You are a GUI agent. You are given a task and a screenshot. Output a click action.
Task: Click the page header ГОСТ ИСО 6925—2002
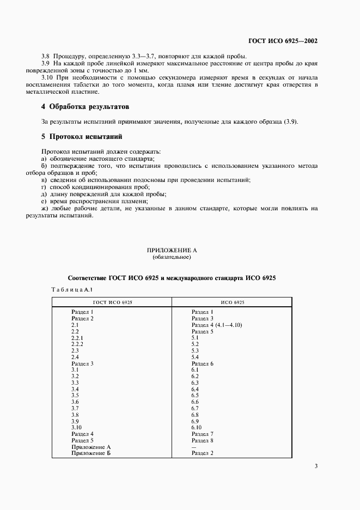click(x=283, y=41)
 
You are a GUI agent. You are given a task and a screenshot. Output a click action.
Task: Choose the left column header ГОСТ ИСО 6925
click(x=111, y=302)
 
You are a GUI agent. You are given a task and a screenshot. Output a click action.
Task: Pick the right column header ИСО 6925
click(x=233, y=302)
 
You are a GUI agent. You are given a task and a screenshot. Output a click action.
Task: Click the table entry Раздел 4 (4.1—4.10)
click(x=216, y=325)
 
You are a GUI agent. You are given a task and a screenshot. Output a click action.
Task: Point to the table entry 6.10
click(x=197, y=427)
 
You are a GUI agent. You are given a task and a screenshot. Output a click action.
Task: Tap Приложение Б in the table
click(x=91, y=454)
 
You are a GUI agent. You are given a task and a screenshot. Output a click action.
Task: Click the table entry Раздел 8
click(x=202, y=440)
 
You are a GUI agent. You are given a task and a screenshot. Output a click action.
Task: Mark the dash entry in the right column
click(x=194, y=447)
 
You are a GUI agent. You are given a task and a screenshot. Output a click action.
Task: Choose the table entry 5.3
click(x=195, y=351)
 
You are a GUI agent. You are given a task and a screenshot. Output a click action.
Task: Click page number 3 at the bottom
click(x=316, y=466)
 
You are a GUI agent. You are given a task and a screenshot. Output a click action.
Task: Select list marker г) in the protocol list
click(x=45, y=187)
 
